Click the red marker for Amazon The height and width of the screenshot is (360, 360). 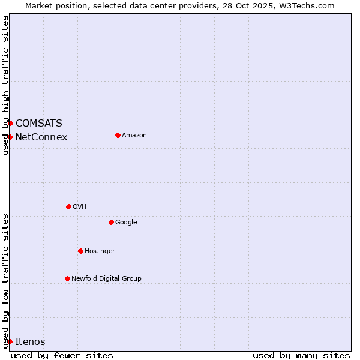tap(118, 135)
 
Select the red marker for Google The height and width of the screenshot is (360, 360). tap(111, 222)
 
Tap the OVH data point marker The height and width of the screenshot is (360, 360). tap(68, 206)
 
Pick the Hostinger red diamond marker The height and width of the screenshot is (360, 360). tap(80, 251)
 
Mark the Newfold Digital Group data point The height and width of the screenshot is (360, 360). tap(67, 278)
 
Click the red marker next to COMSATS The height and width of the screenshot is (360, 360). tap(10, 123)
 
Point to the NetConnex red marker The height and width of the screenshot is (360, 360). tap(10, 137)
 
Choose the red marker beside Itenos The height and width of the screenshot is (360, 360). tap(10, 341)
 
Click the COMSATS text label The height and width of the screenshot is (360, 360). tap(38, 123)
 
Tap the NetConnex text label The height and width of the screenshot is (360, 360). tap(41, 137)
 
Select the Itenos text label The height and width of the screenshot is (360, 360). tap(30, 341)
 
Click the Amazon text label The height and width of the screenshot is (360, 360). tap(134, 135)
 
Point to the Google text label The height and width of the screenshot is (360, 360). tap(126, 222)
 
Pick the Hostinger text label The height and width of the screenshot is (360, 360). tap(100, 251)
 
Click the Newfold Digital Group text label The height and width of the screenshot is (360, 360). tap(106, 278)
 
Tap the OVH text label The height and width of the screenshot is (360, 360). tap(80, 206)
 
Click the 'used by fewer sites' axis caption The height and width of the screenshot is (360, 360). tap(62, 355)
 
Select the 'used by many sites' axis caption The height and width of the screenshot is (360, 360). tap(301, 355)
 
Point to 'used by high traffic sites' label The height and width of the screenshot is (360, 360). tap(5, 85)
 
